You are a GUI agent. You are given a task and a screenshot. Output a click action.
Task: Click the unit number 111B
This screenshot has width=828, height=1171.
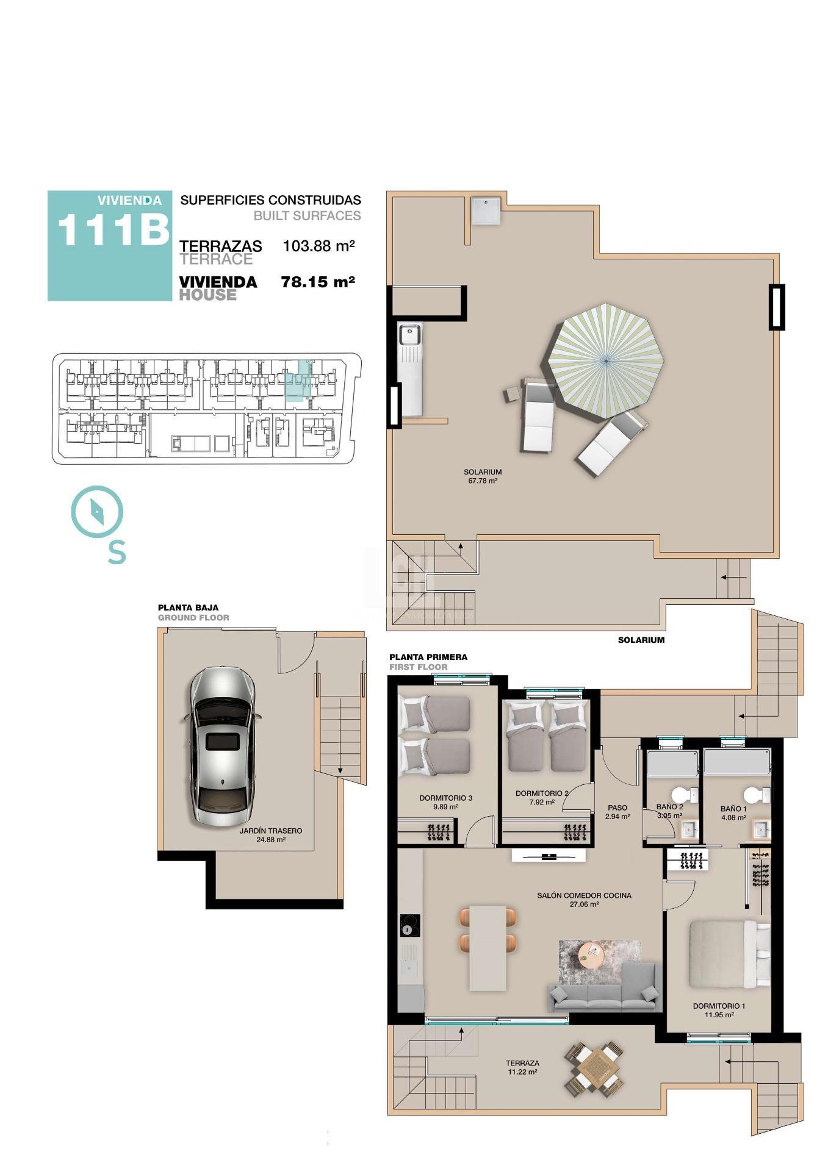click(x=113, y=231)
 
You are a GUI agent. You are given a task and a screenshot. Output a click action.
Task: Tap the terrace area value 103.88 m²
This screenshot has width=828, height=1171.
click(x=319, y=246)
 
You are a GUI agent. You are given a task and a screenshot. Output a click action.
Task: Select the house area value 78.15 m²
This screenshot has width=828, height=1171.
click(x=318, y=282)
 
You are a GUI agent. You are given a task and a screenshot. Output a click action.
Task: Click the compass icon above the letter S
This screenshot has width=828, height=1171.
click(x=97, y=510)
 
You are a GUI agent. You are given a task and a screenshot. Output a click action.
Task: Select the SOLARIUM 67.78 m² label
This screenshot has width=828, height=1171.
click(x=482, y=476)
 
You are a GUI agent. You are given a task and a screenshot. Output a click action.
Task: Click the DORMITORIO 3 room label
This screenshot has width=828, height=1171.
click(x=445, y=801)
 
